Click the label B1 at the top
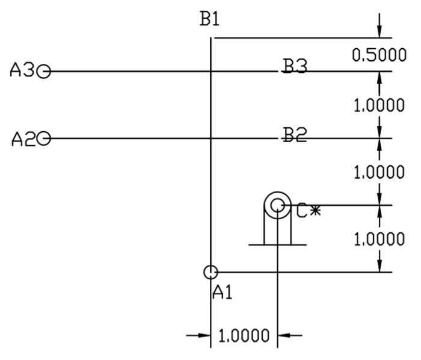point(210,19)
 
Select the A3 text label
point(22,72)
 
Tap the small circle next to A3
point(43,72)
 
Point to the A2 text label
point(23,139)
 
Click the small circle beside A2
point(44,139)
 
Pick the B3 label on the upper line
point(295,67)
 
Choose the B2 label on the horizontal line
point(295,135)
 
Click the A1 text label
point(223,293)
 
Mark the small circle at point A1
point(210,272)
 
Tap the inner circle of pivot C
point(277,206)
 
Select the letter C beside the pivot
point(302,211)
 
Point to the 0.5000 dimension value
point(379,55)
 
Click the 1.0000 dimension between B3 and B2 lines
point(379,105)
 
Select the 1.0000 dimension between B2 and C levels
point(379,173)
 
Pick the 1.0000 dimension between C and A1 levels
point(379,240)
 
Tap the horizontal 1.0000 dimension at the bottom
point(244,335)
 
